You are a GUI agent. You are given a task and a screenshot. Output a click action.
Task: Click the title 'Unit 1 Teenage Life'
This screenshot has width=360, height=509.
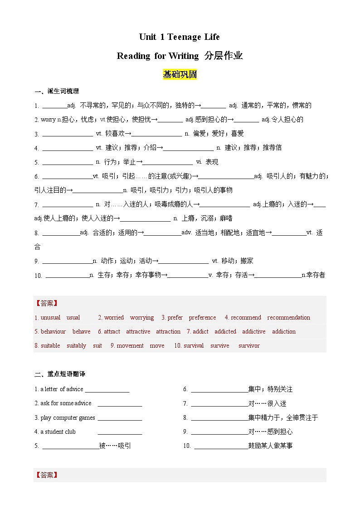click(x=180, y=37)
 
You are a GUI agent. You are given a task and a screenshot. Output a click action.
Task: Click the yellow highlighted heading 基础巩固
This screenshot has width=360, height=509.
click(x=180, y=74)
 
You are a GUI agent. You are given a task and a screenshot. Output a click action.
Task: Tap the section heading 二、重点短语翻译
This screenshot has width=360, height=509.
click(x=60, y=374)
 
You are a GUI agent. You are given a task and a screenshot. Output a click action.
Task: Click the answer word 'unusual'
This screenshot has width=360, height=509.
click(x=50, y=318)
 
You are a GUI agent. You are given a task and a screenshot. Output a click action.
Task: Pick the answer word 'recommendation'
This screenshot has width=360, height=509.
click(x=288, y=318)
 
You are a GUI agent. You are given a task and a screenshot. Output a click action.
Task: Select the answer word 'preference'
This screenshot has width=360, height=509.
click(x=202, y=318)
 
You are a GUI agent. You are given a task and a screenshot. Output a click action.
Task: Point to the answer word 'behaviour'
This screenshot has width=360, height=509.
click(x=53, y=332)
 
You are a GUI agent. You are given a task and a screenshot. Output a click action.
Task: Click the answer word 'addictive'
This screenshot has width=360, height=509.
click(x=253, y=332)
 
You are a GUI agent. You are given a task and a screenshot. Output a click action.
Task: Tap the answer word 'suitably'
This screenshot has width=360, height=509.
click(x=76, y=346)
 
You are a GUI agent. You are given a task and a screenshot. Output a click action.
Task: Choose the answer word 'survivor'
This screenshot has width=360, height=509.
click(x=249, y=346)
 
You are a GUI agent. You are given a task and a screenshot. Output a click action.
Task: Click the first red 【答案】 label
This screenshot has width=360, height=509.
click(x=46, y=303)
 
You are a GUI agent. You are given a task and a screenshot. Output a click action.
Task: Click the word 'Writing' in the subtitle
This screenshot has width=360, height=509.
click(x=183, y=56)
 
